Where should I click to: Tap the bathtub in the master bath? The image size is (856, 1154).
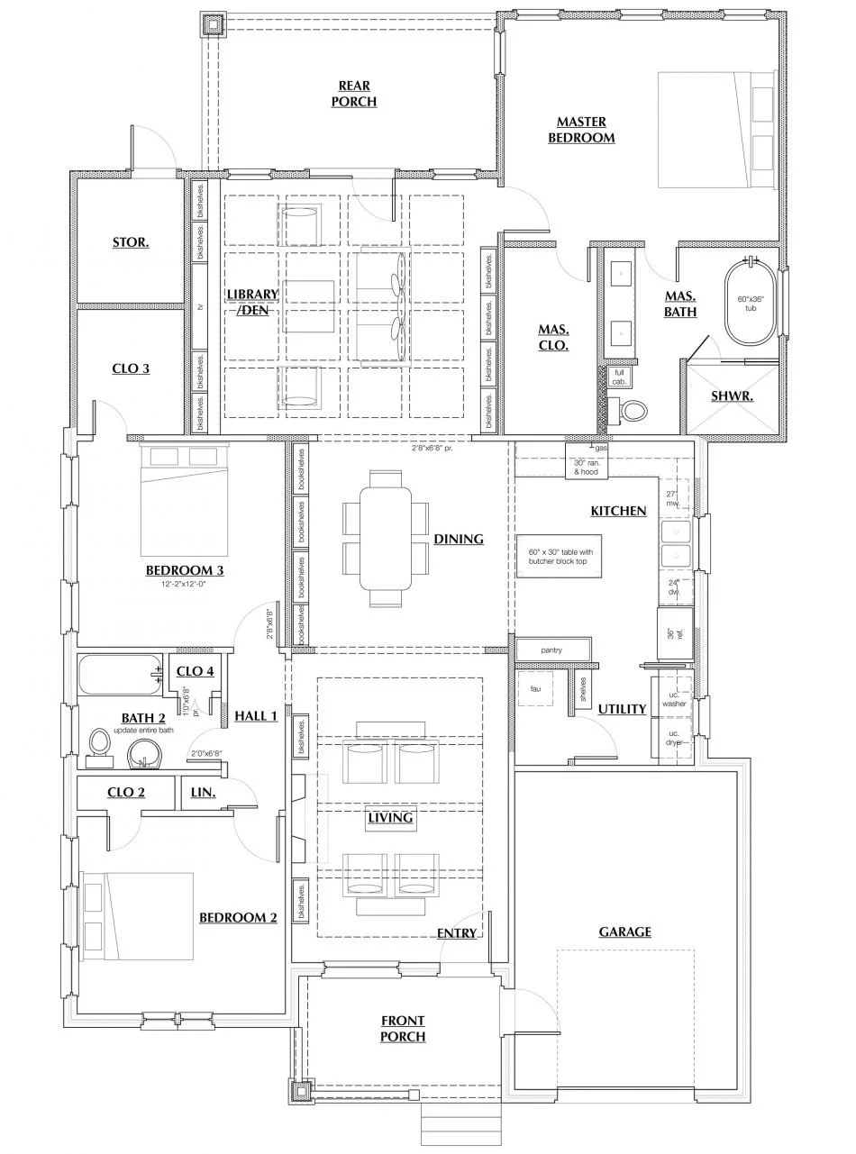pyautogui.click(x=751, y=303)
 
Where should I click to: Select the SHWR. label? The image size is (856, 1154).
pyautogui.click(x=731, y=395)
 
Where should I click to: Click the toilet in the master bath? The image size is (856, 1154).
pyautogui.click(x=633, y=412)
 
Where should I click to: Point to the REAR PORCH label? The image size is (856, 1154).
pyautogui.click(x=354, y=94)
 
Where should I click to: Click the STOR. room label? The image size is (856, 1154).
pyautogui.click(x=131, y=242)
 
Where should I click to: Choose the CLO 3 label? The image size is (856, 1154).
pyautogui.click(x=131, y=368)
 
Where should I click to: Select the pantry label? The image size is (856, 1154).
pyautogui.click(x=552, y=649)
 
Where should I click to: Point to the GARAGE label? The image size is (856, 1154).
pyautogui.click(x=624, y=931)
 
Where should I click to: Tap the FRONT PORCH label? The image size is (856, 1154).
pyautogui.click(x=403, y=1029)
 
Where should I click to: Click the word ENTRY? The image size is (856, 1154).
pyautogui.click(x=457, y=933)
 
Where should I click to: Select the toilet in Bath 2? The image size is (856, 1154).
pyautogui.click(x=100, y=746)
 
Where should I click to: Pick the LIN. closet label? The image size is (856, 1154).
pyautogui.click(x=203, y=793)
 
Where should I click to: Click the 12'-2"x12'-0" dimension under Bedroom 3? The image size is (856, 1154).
pyautogui.click(x=184, y=584)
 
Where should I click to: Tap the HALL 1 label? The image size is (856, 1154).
pyautogui.click(x=256, y=715)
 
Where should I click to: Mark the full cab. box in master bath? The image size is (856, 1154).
pyautogui.click(x=619, y=377)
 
